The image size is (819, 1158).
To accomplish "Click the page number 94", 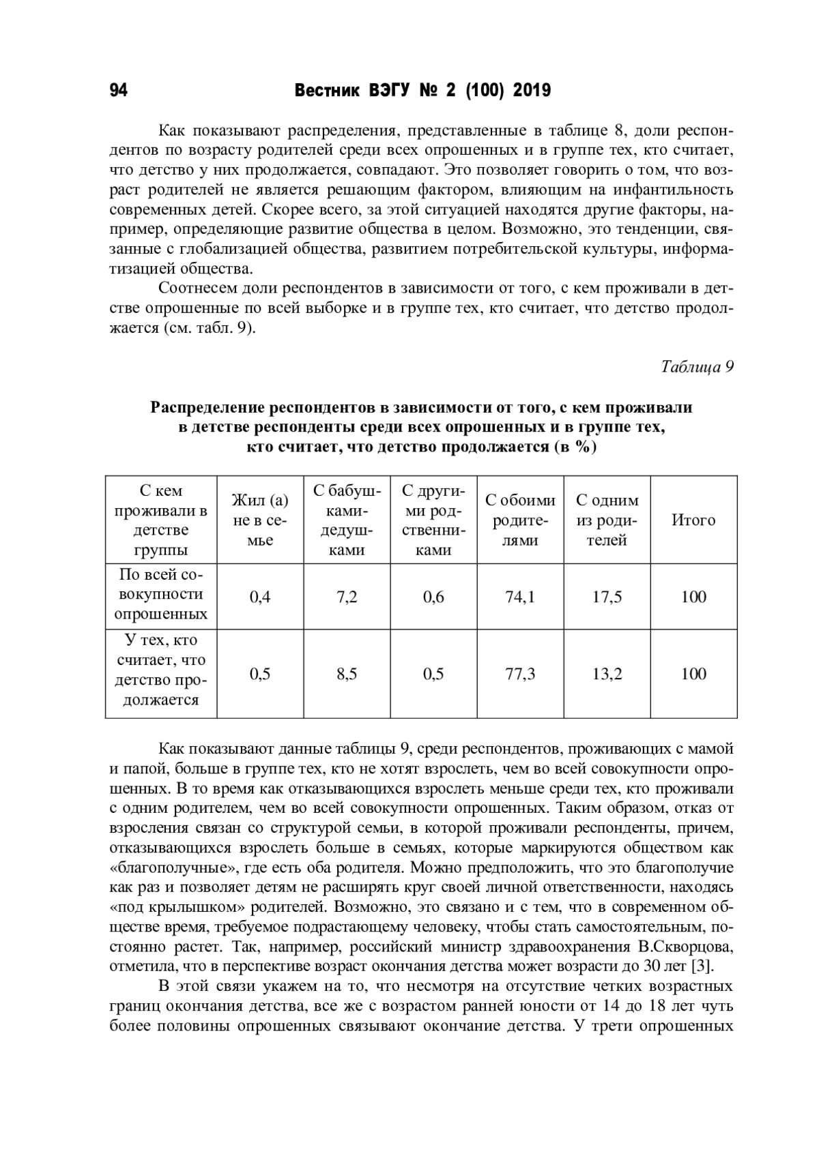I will pyautogui.click(x=118, y=91).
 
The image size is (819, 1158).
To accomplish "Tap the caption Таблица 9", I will pyautogui.click(x=697, y=367).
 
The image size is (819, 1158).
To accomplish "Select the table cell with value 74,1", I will pyautogui.click(x=520, y=597).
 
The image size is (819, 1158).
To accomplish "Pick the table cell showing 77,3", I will pyautogui.click(x=520, y=674).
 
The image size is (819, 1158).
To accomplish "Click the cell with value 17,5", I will pyautogui.click(x=607, y=597).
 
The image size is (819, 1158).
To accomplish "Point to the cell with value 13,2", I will pyautogui.click(x=607, y=674).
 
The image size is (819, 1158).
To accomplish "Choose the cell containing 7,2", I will pyautogui.click(x=347, y=597).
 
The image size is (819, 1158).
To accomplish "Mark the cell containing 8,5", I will pyautogui.click(x=347, y=674).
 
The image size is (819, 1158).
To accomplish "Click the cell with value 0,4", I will pyautogui.click(x=260, y=597).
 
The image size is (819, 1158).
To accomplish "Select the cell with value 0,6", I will pyautogui.click(x=433, y=597).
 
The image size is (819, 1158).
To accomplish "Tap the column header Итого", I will pyautogui.click(x=693, y=520).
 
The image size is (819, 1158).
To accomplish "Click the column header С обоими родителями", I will pyautogui.click(x=520, y=520).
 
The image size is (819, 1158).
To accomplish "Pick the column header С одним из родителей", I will pyautogui.click(x=607, y=520).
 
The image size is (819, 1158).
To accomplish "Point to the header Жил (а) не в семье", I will pyautogui.click(x=260, y=520).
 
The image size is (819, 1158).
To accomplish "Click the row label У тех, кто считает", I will pyautogui.click(x=161, y=670).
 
